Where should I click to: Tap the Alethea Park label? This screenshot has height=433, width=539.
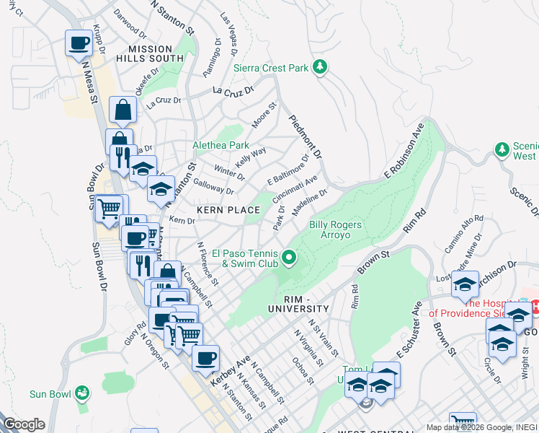click(x=220, y=145)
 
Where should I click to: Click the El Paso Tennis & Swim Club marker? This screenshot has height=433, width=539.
click(x=289, y=256)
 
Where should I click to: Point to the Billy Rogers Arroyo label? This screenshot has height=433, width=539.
click(x=335, y=230)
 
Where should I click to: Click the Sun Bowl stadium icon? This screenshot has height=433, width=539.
click(x=84, y=393)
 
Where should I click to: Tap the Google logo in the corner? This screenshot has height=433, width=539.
click(x=23, y=424)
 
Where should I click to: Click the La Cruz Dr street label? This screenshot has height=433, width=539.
click(x=234, y=91)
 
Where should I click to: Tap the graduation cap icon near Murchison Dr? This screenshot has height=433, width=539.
click(x=465, y=284)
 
